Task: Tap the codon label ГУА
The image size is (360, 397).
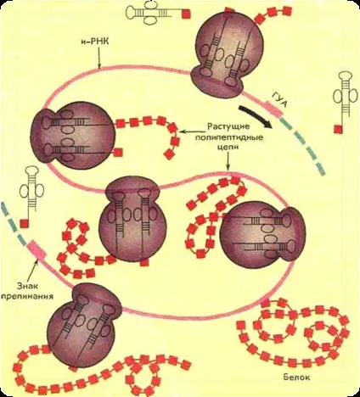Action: coord(278,99)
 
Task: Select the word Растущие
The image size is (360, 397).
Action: coord(228,126)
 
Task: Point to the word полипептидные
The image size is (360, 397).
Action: coord(228,137)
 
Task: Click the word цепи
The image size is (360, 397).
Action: coord(228,147)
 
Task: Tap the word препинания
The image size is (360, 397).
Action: coord(27,296)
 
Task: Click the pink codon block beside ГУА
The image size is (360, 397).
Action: coord(273,110)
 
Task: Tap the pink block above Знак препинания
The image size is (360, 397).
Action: coord(36,249)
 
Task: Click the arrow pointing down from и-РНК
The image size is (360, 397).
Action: coord(99,58)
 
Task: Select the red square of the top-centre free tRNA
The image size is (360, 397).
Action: coord(186,14)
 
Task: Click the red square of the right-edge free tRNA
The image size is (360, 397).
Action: coord(338,129)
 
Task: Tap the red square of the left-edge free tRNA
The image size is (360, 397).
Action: coord(24,223)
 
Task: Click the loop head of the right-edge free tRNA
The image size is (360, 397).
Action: coord(345,77)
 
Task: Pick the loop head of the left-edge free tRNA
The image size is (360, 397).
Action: coord(31,171)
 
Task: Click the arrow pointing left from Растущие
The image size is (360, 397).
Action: coord(193,131)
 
